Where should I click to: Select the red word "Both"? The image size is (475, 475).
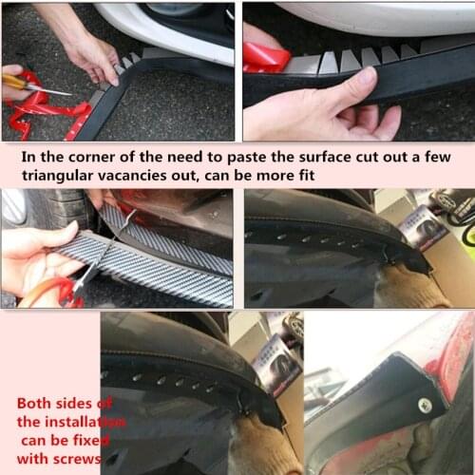tap(33, 403)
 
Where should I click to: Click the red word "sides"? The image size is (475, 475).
tap(72, 403)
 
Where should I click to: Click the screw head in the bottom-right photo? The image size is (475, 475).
tap(425, 405)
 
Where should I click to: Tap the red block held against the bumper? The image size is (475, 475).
tap(266, 57)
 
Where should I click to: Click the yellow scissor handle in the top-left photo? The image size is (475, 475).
tap(14, 82)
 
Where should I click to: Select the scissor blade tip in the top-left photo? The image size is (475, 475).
tap(71, 94)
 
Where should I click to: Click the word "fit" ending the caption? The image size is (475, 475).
tap(307, 175)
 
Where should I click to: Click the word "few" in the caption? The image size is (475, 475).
tap(438, 157)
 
